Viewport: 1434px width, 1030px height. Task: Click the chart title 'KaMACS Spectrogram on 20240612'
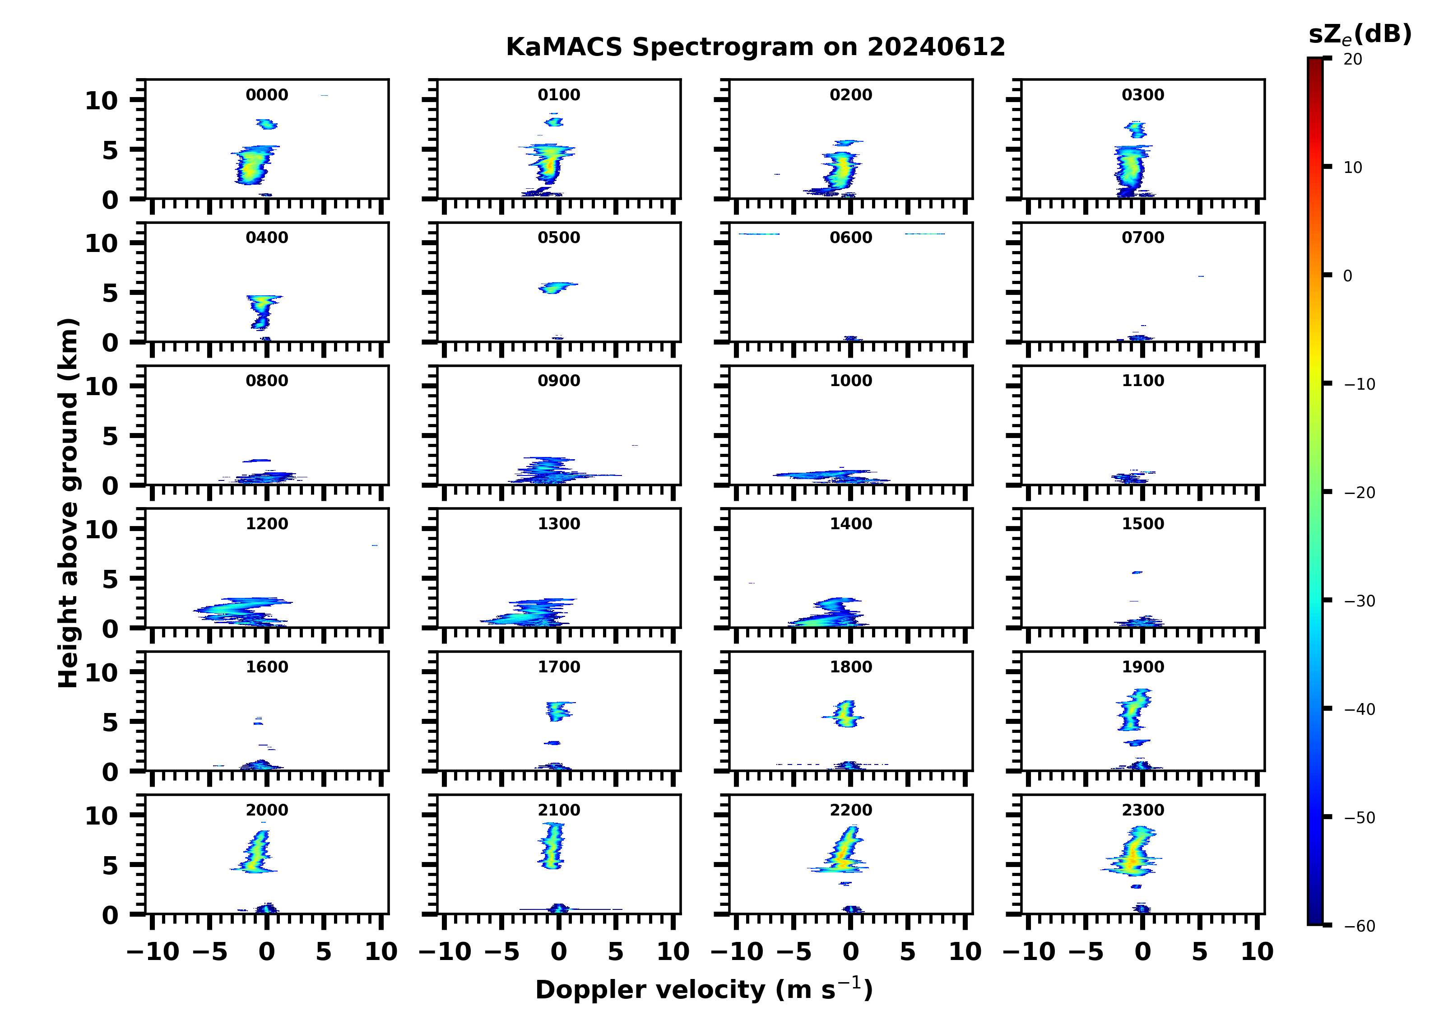(755, 47)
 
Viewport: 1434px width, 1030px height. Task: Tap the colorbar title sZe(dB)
(1360, 34)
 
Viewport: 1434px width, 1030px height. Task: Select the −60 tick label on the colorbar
(1359, 926)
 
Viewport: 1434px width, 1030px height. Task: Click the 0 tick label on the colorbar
(1347, 276)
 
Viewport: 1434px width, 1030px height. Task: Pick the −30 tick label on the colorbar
(1359, 601)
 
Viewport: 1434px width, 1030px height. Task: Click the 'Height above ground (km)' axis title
(68, 503)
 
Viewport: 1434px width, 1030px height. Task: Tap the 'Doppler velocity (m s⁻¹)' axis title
(704, 989)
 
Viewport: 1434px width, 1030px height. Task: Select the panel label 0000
(267, 95)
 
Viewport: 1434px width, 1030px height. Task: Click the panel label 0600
(850, 238)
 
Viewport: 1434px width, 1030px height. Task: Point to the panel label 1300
(559, 524)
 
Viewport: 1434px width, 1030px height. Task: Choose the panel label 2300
(1142, 810)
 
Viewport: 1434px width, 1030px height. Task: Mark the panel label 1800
(850, 667)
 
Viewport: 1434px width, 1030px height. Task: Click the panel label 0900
(559, 381)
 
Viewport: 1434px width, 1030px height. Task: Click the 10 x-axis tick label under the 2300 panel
(1256, 951)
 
